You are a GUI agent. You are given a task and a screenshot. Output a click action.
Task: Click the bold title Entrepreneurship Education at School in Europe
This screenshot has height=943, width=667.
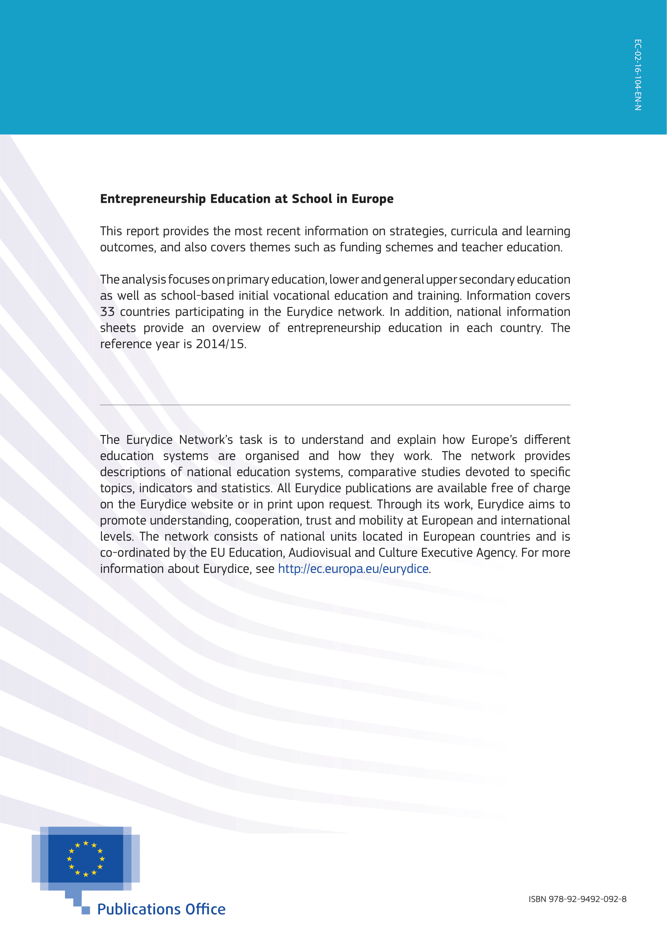point(246,199)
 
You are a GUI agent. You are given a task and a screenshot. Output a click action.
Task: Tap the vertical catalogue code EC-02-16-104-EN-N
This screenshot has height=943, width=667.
point(638,75)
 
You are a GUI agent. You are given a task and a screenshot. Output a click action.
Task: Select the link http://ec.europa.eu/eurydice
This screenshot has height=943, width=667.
point(353,569)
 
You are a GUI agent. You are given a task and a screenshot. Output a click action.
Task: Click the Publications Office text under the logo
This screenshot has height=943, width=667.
point(161,909)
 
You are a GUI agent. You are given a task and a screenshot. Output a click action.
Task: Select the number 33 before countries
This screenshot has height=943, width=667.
point(107,312)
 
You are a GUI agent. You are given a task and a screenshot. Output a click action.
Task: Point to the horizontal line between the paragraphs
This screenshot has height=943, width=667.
point(335,405)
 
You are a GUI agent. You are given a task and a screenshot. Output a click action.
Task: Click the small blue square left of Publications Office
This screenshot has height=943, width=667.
point(86,911)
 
